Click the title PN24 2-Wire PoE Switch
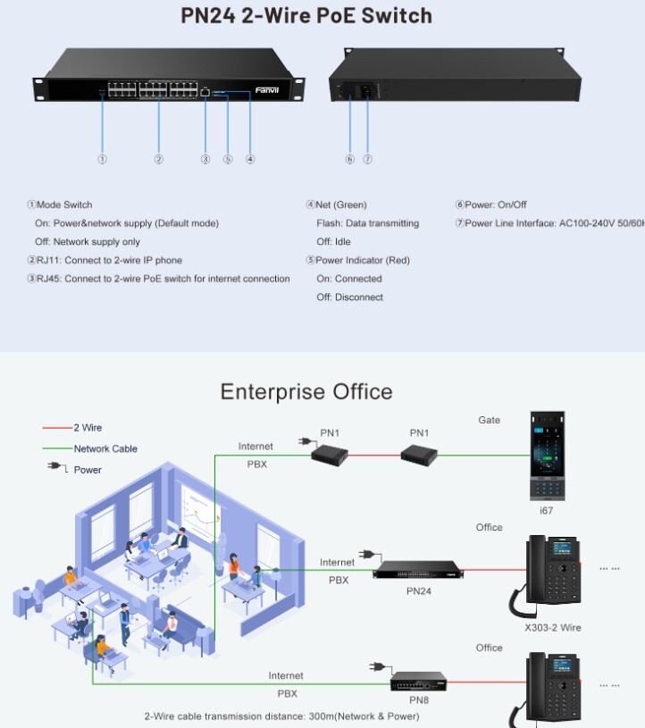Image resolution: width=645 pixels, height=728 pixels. (x=306, y=15)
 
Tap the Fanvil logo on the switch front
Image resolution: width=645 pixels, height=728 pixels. (x=267, y=90)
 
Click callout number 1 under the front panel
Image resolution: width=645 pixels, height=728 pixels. (x=103, y=159)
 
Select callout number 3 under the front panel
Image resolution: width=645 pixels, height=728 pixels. (x=205, y=159)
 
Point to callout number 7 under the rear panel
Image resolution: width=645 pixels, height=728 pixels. (x=367, y=159)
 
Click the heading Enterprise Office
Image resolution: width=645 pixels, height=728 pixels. (x=306, y=391)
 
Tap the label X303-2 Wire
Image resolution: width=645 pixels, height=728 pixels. (x=553, y=627)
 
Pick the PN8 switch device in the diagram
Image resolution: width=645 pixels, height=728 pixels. (x=418, y=681)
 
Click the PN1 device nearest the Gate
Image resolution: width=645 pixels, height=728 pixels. (x=419, y=456)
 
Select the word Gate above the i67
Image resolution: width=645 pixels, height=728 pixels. (x=490, y=420)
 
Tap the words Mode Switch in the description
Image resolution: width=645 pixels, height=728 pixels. (x=64, y=205)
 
